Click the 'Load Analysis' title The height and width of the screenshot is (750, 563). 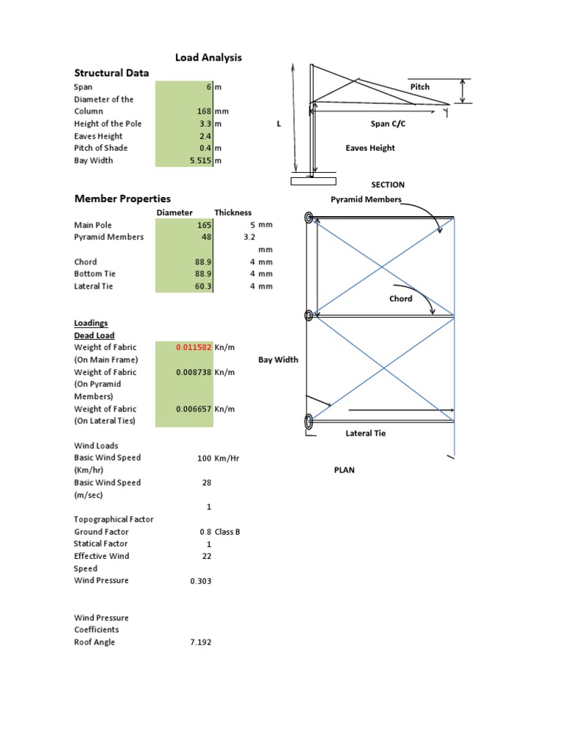coord(207,57)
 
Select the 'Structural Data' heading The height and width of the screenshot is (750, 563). coord(111,73)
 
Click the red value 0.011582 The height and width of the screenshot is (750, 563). coord(194,347)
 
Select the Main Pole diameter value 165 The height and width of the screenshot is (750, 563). coord(204,225)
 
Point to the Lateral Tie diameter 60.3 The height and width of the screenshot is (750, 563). coord(202,286)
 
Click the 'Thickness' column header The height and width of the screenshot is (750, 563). coord(232,212)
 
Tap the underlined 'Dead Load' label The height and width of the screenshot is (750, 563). coord(95,335)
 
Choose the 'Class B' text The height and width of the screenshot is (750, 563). coord(228,532)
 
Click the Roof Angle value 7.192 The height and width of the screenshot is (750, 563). coord(200,642)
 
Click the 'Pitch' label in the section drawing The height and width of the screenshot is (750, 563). coord(420,86)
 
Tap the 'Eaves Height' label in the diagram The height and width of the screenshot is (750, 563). coord(370,148)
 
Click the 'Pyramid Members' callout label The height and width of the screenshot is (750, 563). coord(366,199)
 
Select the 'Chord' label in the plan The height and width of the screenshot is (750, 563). coord(400,299)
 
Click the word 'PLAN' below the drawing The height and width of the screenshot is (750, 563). coord(344,470)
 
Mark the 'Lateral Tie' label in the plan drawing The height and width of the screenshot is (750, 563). coord(365,434)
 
